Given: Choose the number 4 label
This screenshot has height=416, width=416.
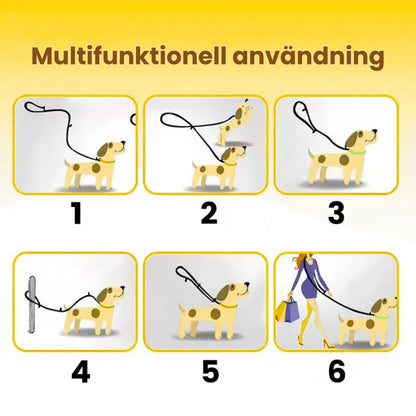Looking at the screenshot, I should [x=80, y=372].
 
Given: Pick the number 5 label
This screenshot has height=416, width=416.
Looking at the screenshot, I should [x=210, y=372].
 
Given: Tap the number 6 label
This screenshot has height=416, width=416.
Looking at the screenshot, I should [x=337, y=372].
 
